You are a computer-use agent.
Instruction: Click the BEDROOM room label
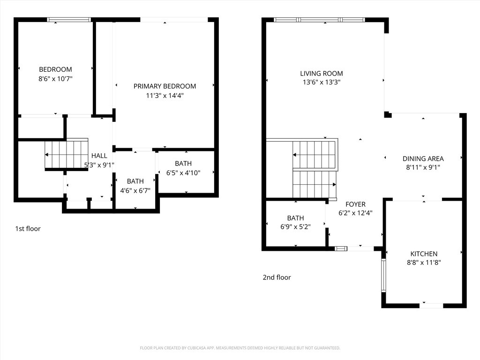(x=55, y=69)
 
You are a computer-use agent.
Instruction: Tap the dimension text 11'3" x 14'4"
(x=165, y=96)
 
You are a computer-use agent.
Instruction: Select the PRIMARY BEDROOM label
(x=165, y=86)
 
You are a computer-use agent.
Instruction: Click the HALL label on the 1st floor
(x=99, y=156)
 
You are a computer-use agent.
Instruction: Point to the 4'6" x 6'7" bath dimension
(x=135, y=190)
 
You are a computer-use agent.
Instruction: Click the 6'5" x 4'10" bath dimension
(x=183, y=172)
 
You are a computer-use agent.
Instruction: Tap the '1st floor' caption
(x=28, y=229)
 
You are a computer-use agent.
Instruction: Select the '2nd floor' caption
(x=277, y=277)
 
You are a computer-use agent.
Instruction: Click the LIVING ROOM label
(x=321, y=74)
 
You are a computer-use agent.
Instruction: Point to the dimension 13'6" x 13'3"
(x=321, y=82)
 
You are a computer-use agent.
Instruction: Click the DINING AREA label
(x=423, y=158)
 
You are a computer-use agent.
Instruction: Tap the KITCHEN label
(x=424, y=254)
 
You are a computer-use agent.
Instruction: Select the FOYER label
(x=355, y=204)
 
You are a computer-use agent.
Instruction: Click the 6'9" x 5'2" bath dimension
(x=295, y=227)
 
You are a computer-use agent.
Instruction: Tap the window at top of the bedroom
(x=69, y=20)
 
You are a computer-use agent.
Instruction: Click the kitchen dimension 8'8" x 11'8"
(x=424, y=262)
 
